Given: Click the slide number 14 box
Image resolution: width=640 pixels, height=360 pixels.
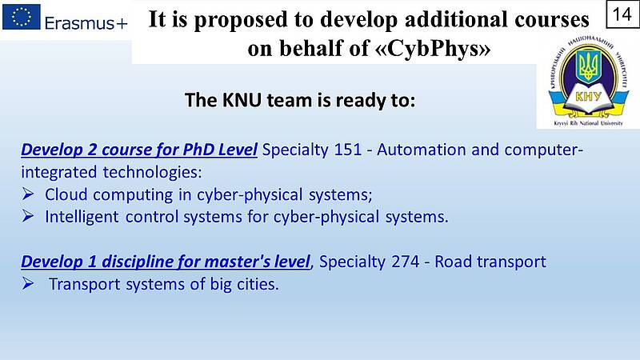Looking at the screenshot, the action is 622,14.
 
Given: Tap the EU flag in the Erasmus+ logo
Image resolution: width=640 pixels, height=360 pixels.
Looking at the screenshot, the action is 22,17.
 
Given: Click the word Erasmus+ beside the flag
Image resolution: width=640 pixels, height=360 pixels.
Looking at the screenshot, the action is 86,23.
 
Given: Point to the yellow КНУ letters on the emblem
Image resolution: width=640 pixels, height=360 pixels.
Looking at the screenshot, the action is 588,96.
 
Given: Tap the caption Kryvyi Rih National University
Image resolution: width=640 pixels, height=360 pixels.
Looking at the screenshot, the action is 588,123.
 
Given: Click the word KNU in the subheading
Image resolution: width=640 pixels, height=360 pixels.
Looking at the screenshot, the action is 242,100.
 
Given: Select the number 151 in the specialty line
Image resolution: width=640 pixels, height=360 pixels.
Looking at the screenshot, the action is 348,150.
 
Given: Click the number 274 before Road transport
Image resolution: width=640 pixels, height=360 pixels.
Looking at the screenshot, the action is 406,262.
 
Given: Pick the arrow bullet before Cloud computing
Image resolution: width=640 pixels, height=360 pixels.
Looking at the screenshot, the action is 28,194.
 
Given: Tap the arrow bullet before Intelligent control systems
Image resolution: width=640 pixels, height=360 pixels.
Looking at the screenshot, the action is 28,216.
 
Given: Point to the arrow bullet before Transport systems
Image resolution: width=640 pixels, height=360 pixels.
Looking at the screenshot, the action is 28,283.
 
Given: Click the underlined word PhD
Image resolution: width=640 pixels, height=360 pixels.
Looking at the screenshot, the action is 198,150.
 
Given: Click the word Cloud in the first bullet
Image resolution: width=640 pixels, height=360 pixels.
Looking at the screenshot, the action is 66,194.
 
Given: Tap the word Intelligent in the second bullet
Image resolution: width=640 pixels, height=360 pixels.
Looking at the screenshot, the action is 82,217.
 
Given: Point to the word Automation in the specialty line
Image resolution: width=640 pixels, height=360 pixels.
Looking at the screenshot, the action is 422,150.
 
